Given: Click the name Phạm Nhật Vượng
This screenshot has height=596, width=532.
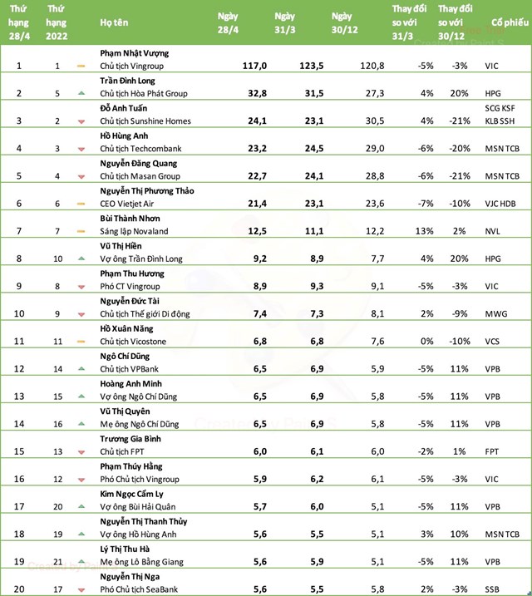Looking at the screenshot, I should pos(134,52).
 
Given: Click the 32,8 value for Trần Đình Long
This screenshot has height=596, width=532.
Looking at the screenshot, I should pos(230,92).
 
